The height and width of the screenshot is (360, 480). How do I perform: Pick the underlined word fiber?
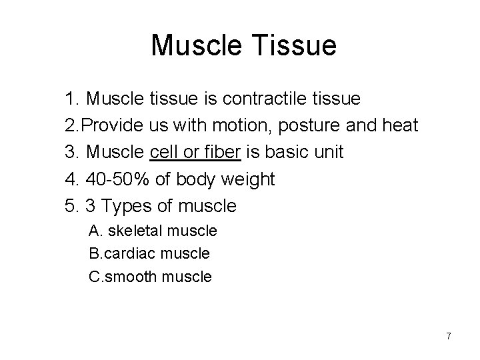coord(221,152)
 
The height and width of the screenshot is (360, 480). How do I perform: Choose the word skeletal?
coord(135,231)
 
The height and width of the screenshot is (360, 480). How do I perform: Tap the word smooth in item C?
coord(137,276)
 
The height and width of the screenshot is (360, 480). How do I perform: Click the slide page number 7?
coord(449,336)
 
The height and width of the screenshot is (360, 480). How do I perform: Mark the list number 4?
coord(71,179)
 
